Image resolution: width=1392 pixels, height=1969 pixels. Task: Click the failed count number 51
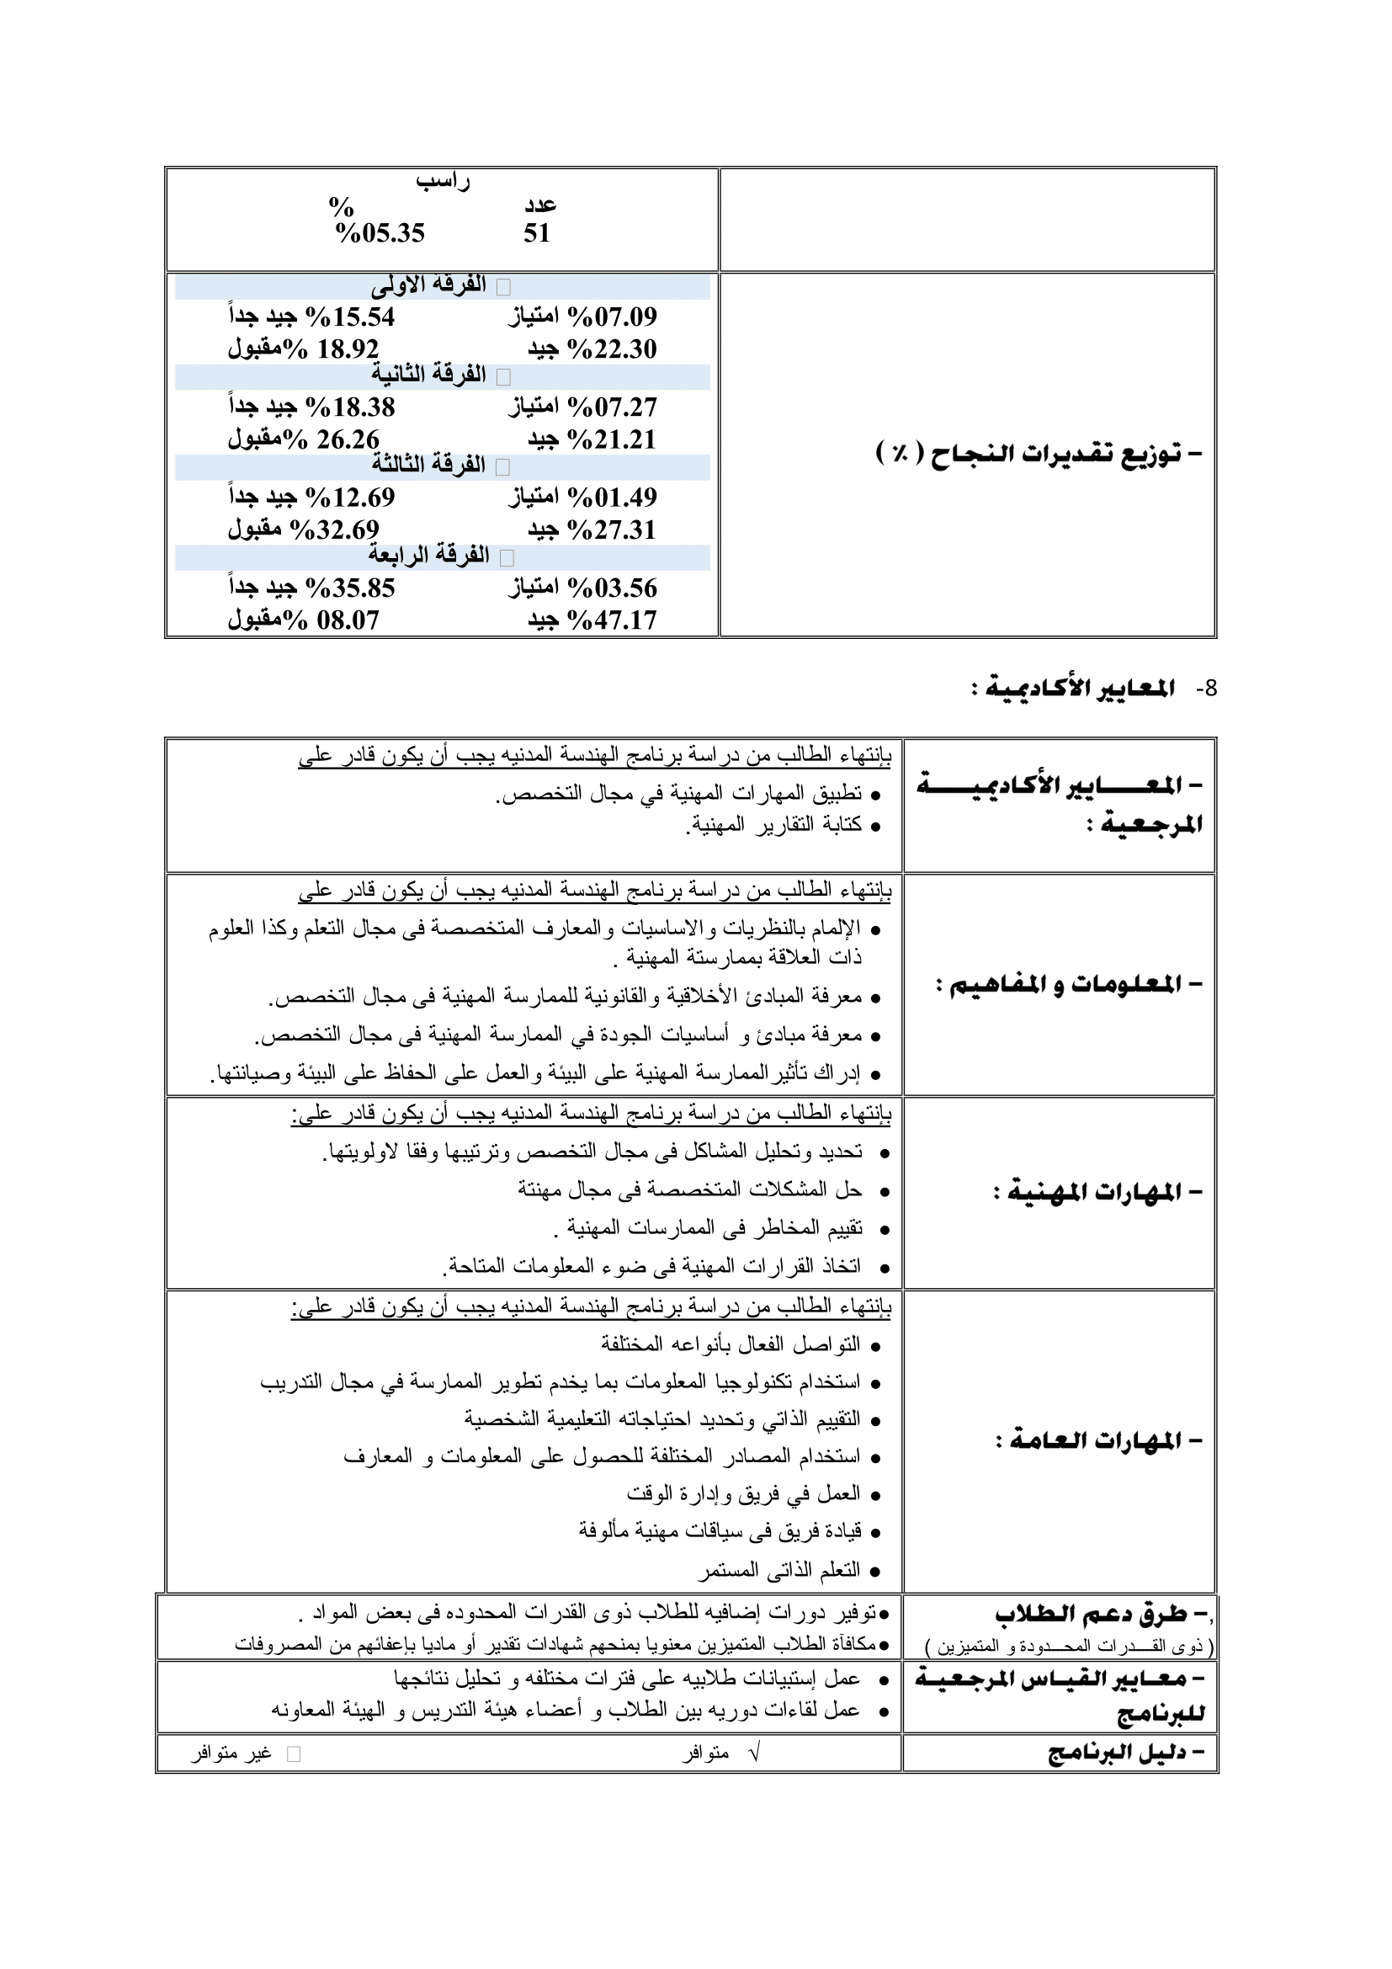[537, 233]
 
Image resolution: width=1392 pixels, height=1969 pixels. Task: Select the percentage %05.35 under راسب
[380, 233]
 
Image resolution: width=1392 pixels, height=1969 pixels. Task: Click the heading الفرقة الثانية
[428, 375]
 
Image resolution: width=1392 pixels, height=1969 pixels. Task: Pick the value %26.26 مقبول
[304, 440]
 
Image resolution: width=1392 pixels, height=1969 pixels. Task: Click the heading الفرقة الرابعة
[428, 556]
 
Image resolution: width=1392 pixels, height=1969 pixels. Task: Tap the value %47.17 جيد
[592, 620]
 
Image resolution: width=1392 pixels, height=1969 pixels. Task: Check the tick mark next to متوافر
[754, 1753]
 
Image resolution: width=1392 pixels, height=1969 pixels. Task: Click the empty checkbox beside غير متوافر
[293, 1754]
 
